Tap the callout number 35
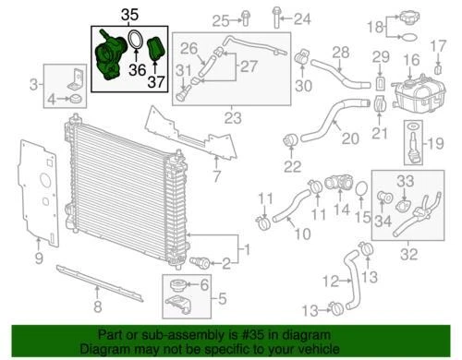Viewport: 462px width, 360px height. pos(129,14)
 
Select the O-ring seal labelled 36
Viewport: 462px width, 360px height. pos(135,43)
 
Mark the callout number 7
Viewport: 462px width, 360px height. pos(216,176)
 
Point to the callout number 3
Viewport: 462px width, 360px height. pos(34,86)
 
